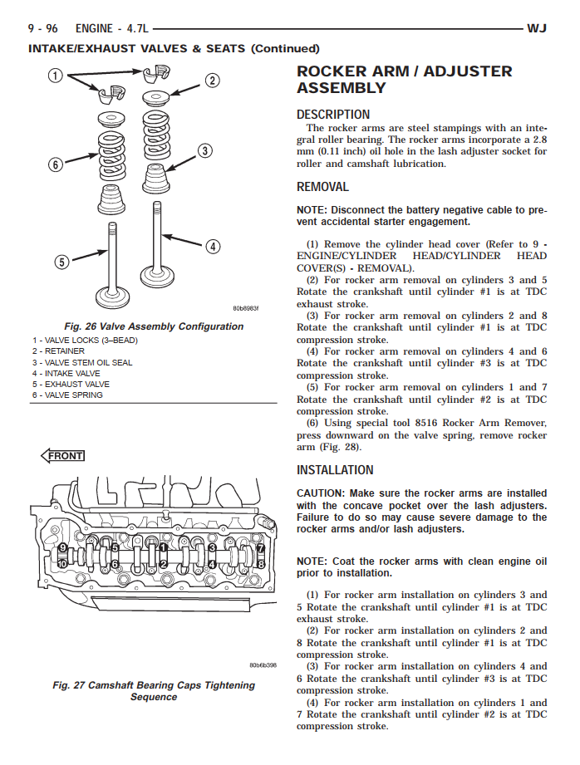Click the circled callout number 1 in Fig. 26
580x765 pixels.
56,77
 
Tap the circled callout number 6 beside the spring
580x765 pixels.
56,164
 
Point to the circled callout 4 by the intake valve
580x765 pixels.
213,246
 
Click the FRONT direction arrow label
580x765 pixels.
63,455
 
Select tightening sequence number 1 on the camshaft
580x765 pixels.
165,548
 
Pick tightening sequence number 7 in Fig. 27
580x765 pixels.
260,549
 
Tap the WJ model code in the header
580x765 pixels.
537,29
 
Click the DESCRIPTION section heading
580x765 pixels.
333,115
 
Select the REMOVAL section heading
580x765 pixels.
322,187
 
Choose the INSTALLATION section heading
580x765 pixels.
335,470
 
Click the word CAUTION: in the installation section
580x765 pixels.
321,493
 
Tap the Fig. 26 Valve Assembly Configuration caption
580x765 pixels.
154,326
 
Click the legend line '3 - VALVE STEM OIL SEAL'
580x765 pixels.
82,363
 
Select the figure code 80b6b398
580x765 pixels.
263,665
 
